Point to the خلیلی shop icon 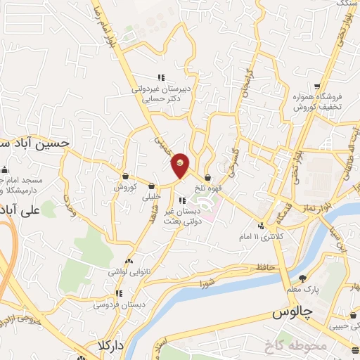pyautogui.click(x=152, y=186)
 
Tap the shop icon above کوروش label pyautogui.click(x=125, y=176)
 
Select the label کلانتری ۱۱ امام pyautogui.click(x=281, y=237)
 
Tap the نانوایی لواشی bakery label pyautogui.click(x=131, y=270)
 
